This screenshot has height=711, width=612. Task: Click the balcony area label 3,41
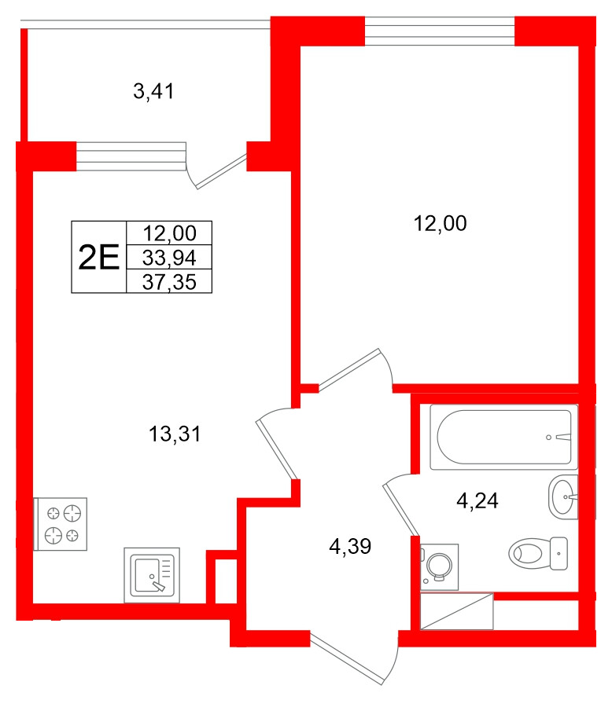pyautogui.click(x=153, y=93)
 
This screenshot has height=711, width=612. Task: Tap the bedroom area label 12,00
pyautogui.click(x=440, y=224)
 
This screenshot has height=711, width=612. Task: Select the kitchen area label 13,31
pyautogui.click(x=175, y=432)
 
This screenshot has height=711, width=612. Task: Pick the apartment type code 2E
pyautogui.click(x=98, y=257)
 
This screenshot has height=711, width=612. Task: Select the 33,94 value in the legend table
pyautogui.click(x=169, y=257)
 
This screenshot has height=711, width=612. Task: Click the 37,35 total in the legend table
pyautogui.click(x=169, y=281)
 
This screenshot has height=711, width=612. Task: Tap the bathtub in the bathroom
pyautogui.click(x=503, y=437)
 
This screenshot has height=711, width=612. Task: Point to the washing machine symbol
pyautogui.click(x=438, y=565)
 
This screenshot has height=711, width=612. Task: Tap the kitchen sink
pyautogui.click(x=152, y=574)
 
